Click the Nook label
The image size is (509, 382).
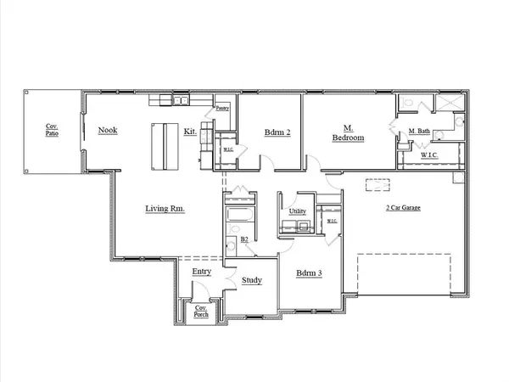click(108, 130)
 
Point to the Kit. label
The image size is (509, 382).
click(192, 132)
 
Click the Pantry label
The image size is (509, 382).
click(222, 108)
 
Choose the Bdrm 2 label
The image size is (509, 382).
click(277, 133)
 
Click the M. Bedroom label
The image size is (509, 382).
click(348, 133)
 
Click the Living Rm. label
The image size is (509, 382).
click(165, 208)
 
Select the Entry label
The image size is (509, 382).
click(201, 271)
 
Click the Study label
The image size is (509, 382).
click(251, 280)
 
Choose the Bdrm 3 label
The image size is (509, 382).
click(306, 273)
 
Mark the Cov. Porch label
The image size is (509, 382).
click(202, 311)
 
